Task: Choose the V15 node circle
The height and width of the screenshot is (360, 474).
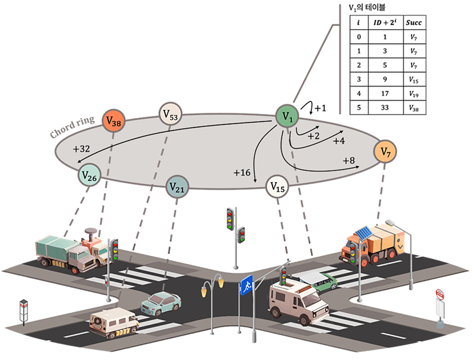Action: pyautogui.click(x=277, y=187)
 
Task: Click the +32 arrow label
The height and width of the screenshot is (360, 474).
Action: pyautogui.click(x=83, y=149)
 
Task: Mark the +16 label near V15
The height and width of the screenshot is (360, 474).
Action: pyautogui.click(x=242, y=173)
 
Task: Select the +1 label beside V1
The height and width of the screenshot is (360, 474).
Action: pyautogui.click(x=321, y=109)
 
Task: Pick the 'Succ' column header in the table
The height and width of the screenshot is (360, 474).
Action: pyautogui.click(x=414, y=23)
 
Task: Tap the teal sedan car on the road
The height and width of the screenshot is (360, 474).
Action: pyautogui.click(x=160, y=303)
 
